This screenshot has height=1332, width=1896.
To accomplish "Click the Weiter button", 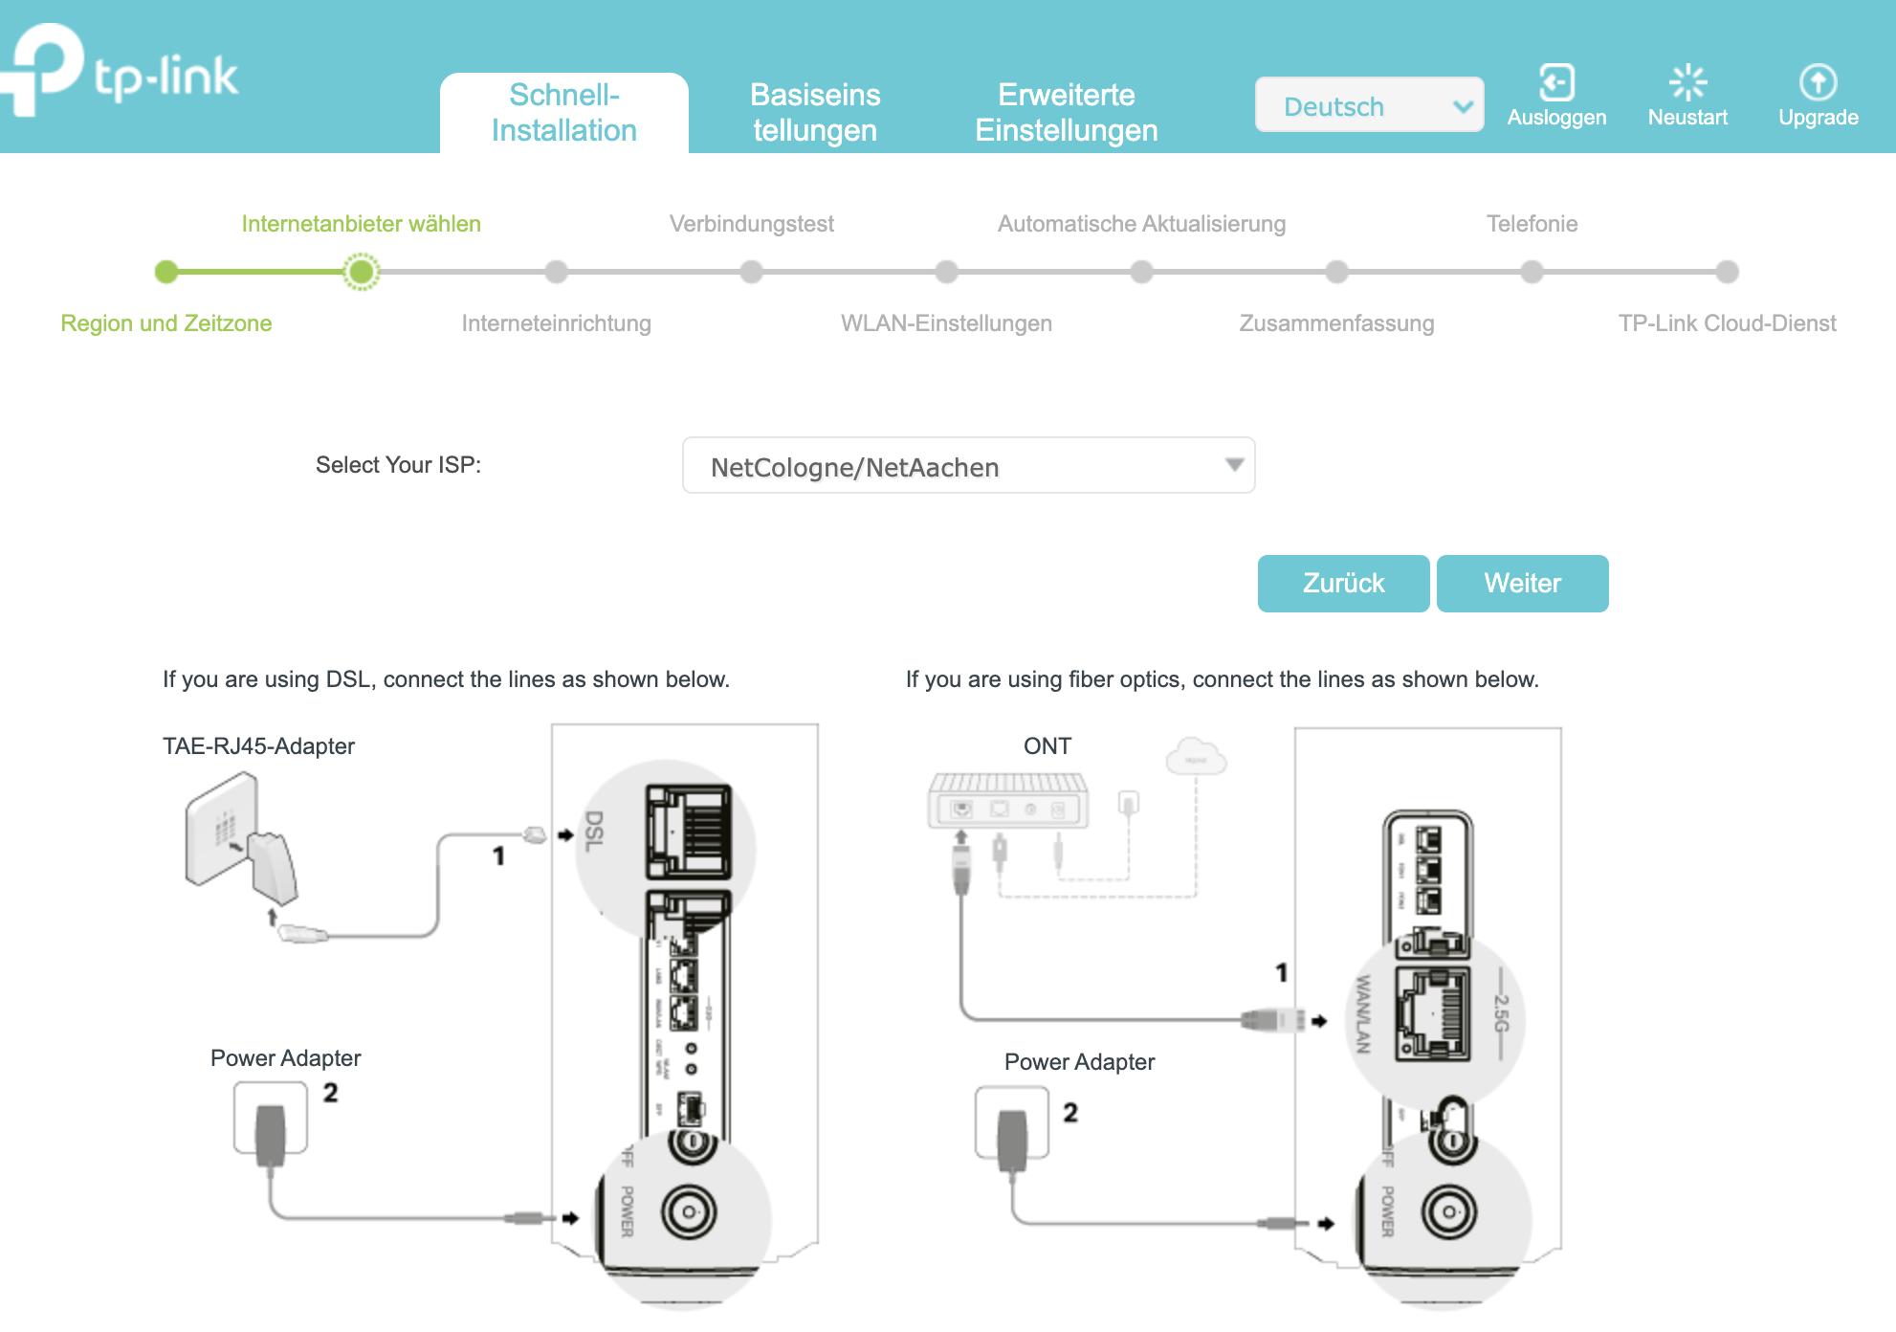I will click(x=1522, y=583).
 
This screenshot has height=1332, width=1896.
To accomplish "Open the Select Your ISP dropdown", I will click(x=968, y=466).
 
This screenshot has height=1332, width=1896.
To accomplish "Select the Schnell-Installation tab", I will click(x=563, y=113).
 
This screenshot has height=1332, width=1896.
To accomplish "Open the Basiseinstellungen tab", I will click(x=815, y=113).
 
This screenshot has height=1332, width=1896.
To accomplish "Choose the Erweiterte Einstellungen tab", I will click(x=1066, y=113).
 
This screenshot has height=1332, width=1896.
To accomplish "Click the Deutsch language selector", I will click(x=1369, y=105).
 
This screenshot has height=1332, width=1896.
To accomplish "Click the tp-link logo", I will click(x=124, y=73).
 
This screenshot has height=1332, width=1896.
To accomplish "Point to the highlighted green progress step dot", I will click(x=361, y=272).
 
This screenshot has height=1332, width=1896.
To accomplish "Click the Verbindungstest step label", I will click(x=751, y=224).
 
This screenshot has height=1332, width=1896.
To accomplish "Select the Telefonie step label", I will click(x=1532, y=224).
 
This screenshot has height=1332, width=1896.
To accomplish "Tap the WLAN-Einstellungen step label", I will click(x=946, y=323).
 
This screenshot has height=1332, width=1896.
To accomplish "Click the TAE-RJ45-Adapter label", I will click(x=258, y=746).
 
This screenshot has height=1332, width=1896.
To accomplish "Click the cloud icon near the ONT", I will click(x=1195, y=757).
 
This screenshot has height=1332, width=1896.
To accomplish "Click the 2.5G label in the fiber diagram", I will click(x=1501, y=1014).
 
